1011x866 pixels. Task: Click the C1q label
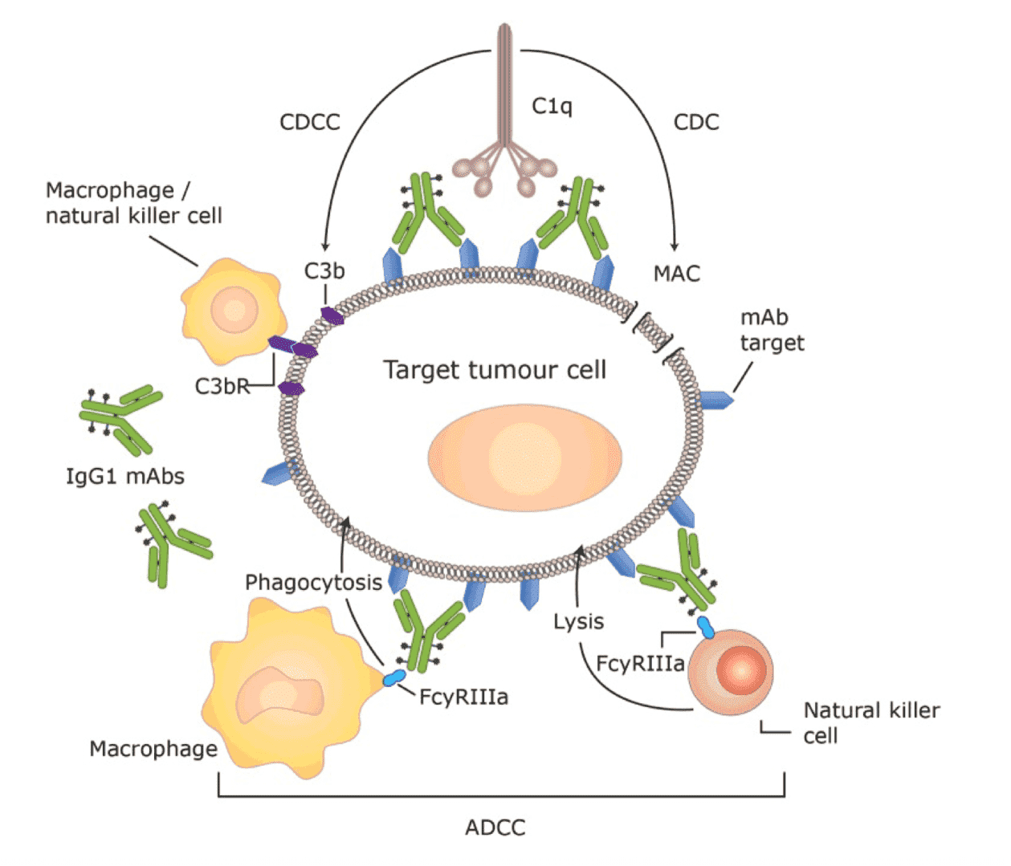click(552, 106)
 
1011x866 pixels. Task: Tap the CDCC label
click(309, 122)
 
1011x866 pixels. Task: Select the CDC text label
click(695, 122)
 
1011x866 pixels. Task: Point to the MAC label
click(676, 274)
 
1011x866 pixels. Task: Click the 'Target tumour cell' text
click(494, 370)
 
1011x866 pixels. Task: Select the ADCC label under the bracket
click(495, 827)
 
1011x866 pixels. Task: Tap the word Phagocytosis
click(313, 583)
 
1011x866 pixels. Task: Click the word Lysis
click(578, 622)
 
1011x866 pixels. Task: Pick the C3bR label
click(222, 387)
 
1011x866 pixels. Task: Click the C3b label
click(324, 271)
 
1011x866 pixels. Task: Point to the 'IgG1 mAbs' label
click(124, 477)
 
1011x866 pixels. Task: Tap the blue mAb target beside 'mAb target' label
click(716, 398)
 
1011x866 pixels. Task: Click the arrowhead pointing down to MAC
click(674, 245)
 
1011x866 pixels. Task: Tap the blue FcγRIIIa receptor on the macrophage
click(393, 679)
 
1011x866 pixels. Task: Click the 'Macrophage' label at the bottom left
click(153, 749)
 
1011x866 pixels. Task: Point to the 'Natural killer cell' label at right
click(871, 722)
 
